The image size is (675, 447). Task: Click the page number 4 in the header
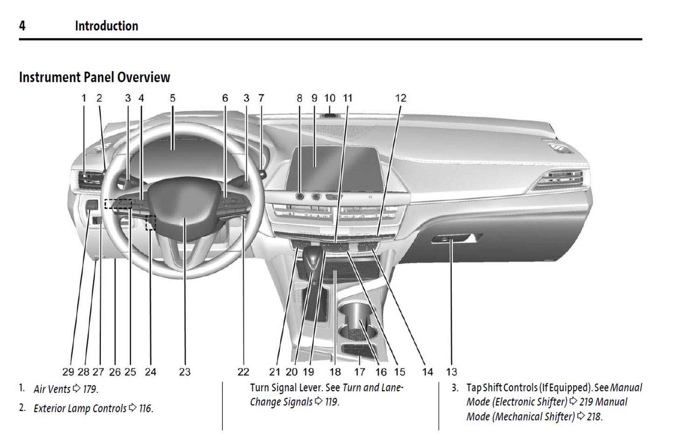[22, 26]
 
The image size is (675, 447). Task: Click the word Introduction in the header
[107, 26]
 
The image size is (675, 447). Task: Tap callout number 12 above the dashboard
[400, 98]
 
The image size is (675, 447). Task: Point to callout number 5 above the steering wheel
[172, 98]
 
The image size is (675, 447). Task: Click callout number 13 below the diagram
[451, 372]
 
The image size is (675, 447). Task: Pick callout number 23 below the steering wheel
[185, 372]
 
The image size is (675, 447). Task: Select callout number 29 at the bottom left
[68, 372]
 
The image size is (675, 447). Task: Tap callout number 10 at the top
[330, 98]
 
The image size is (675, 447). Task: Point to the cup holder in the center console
[358, 322]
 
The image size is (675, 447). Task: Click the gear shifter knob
[313, 257]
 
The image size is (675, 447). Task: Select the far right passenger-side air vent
[563, 179]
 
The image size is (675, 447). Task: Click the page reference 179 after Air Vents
[90, 389]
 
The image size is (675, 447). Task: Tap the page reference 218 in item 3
[594, 417]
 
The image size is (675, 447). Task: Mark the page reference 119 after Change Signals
[331, 402]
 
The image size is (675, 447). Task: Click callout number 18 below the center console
[335, 372]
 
